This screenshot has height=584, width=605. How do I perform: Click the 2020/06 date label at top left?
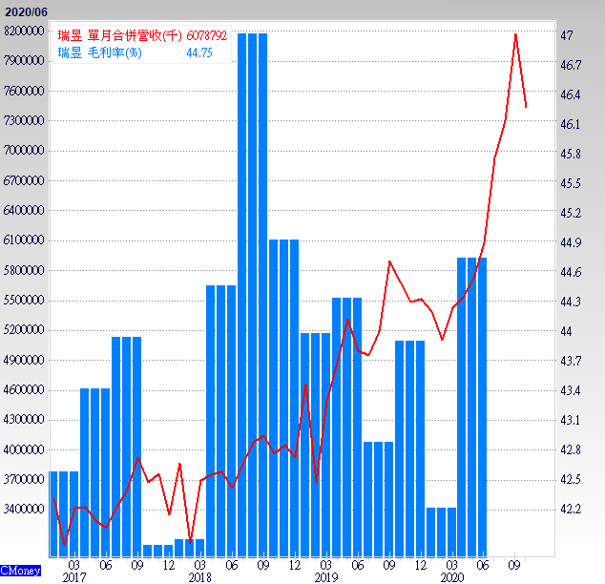25,11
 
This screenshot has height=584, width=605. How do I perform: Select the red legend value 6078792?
206,35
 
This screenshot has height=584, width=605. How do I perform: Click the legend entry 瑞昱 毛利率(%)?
99,52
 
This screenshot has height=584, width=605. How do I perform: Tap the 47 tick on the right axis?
567,35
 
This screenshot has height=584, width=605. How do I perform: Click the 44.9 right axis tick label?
572,242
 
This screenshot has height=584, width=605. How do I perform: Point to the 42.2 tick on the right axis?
572,509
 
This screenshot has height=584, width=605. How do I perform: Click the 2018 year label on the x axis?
199,577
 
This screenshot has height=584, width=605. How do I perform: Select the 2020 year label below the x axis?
452,577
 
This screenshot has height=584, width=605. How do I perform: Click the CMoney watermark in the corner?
20,571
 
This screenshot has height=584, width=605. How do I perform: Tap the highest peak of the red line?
516,34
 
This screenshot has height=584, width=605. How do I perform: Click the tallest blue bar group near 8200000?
252,286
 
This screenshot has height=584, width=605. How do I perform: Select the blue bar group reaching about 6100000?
283,391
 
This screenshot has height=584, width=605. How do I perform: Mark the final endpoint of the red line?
527,107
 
